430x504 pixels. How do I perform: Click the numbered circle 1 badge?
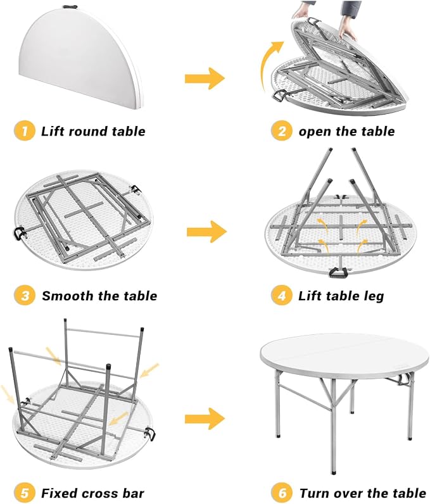click(25, 131)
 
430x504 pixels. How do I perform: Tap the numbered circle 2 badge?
click(282, 131)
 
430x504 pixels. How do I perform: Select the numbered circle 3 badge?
click(25, 296)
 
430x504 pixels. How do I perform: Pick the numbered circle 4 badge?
click(282, 296)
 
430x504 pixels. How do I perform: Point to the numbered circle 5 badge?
click(25, 493)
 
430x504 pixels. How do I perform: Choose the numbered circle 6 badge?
click(282, 493)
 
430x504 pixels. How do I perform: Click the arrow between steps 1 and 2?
click(205, 79)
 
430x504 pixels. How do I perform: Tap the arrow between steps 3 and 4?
click(206, 232)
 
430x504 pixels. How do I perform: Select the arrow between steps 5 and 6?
click(205, 419)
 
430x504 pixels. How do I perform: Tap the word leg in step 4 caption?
click(374, 296)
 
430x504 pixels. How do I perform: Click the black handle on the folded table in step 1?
click(69, 6)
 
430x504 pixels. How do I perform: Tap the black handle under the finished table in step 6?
click(402, 380)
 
